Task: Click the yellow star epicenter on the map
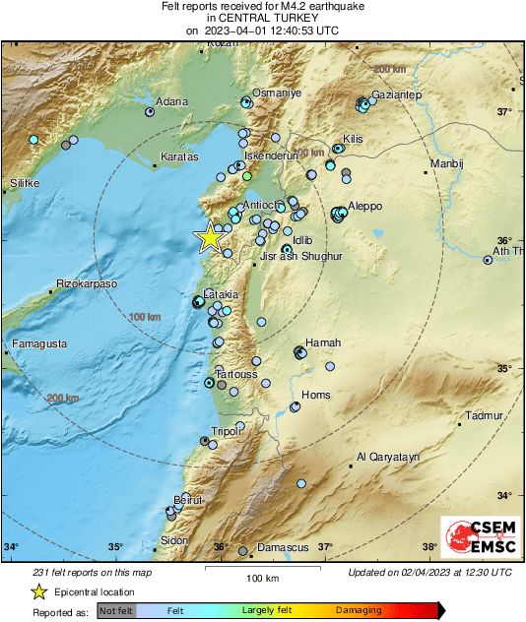coord(209,238)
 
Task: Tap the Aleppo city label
coord(364,206)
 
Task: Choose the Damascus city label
coord(283,547)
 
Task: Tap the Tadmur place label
coord(485,415)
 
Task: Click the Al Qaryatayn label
coord(388,457)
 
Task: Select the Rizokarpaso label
coord(87,283)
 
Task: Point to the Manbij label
coord(446,163)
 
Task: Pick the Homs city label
coord(315,395)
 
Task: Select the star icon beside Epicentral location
coord(39,591)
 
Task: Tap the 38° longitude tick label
coord(429,547)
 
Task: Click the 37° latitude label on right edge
coord(504,111)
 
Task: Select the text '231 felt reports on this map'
coord(94,572)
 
